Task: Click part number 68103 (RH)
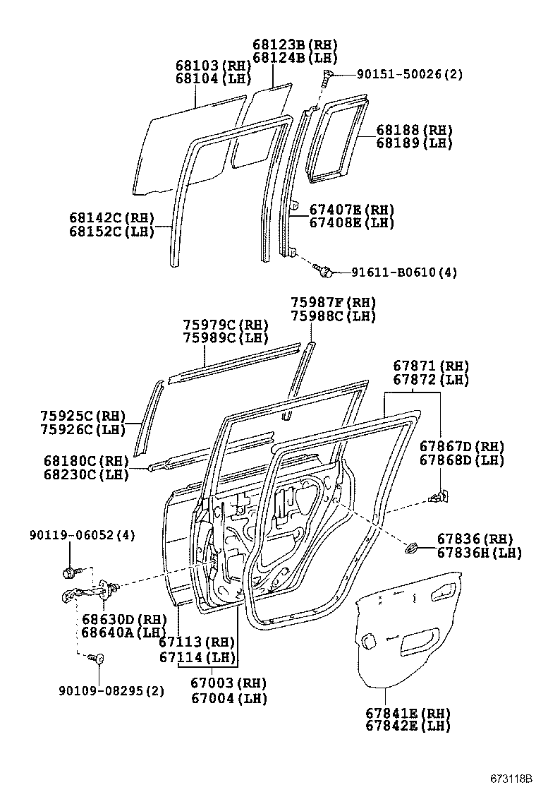[x=213, y=66]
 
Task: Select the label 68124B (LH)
[x=295, y=58]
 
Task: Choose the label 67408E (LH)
[x=351, y=223]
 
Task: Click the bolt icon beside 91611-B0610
[x=324, y=270]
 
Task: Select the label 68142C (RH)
[x=111, y=218]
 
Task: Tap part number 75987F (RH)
[x=333, y=302]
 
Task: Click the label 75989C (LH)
[x=226, y=338]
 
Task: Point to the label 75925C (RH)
[x=83, y=416]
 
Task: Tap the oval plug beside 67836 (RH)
[x=412, y=546]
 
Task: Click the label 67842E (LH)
[x=408, y=726]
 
